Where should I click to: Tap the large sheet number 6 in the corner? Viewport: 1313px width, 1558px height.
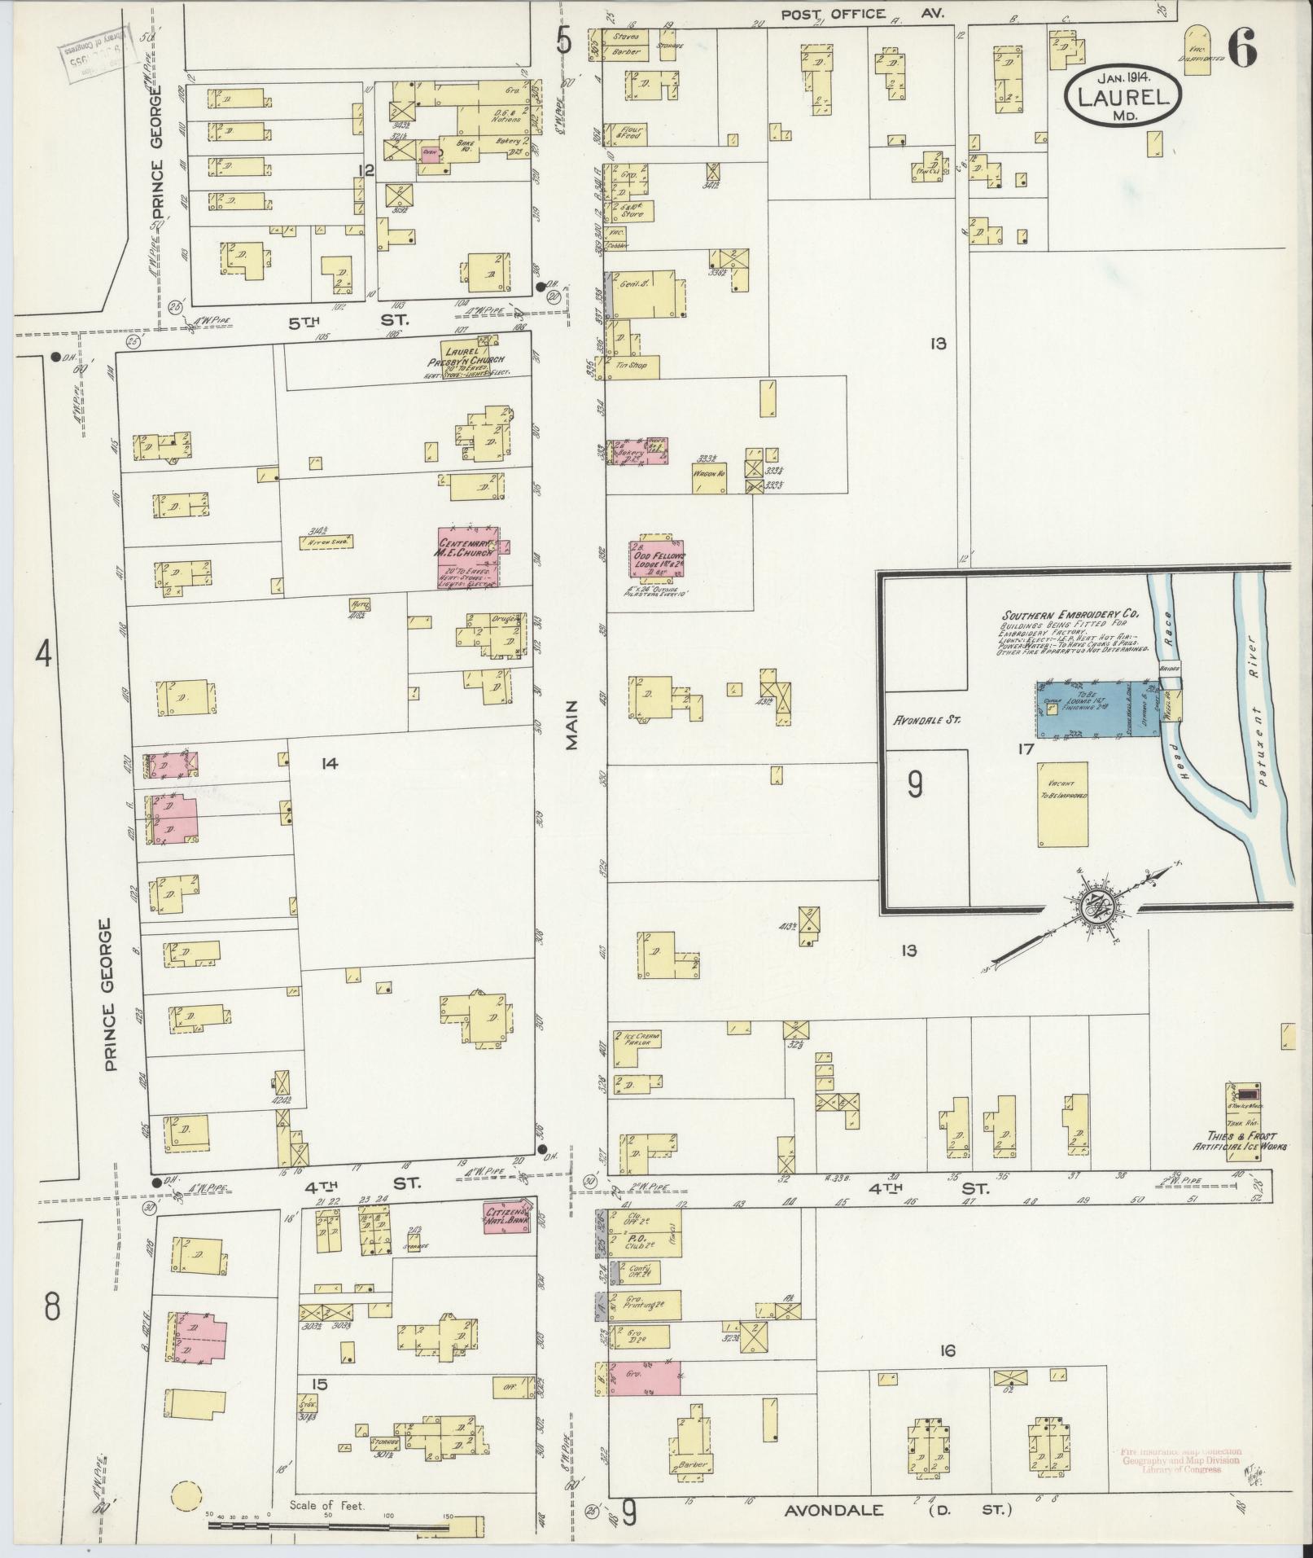point(1241,48)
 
